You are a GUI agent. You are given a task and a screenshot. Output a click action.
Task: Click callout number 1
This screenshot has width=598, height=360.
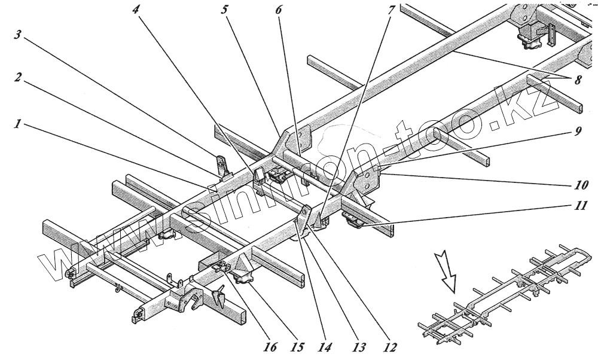tap(19, 126)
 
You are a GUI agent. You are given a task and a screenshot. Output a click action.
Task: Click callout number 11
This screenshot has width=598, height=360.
tap(581, 206)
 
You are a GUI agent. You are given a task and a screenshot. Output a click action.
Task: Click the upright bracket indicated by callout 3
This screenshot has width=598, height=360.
tap(222, 167)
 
